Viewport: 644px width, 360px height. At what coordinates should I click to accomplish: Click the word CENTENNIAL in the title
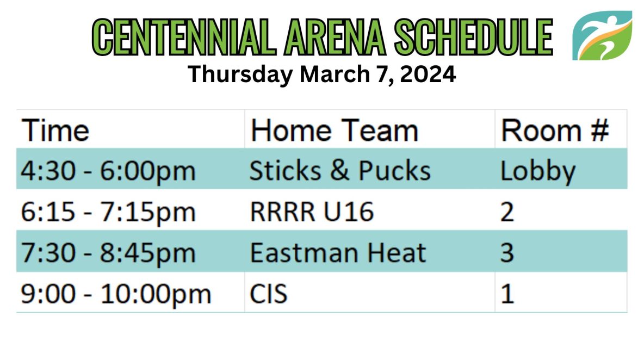pyautogui.click(x=184, y=37)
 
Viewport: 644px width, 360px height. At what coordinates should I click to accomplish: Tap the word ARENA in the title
pyautogui.click(x=335, y=37)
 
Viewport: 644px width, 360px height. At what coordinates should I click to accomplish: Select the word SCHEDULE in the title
pyautogui.click(x=474, y=37)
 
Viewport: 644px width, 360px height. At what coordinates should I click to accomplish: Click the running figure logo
pyautogui.click(x=602, y=35)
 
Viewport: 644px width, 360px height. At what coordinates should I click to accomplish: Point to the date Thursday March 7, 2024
pyautogui.click(x=321, y=75)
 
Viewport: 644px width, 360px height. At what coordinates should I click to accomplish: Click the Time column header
pyautogui.click(x=55, y=131)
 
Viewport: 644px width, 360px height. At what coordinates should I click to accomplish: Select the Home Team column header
pyautogui.click(x=335, y=131)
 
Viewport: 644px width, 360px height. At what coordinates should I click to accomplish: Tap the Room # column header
pyautogui.click(x=555, y=131)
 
